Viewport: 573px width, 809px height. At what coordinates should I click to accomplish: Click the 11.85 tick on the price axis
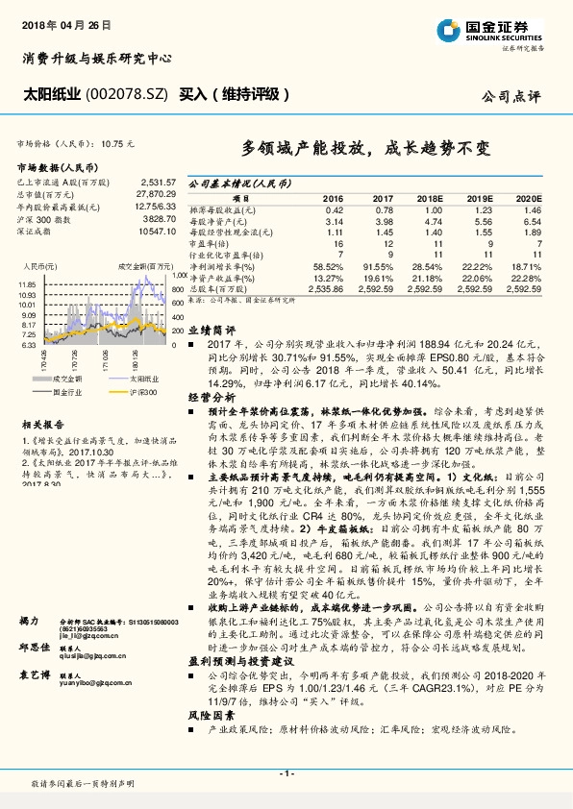[26, 285]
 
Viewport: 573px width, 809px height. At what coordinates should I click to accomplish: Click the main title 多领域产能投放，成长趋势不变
[364, 149]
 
